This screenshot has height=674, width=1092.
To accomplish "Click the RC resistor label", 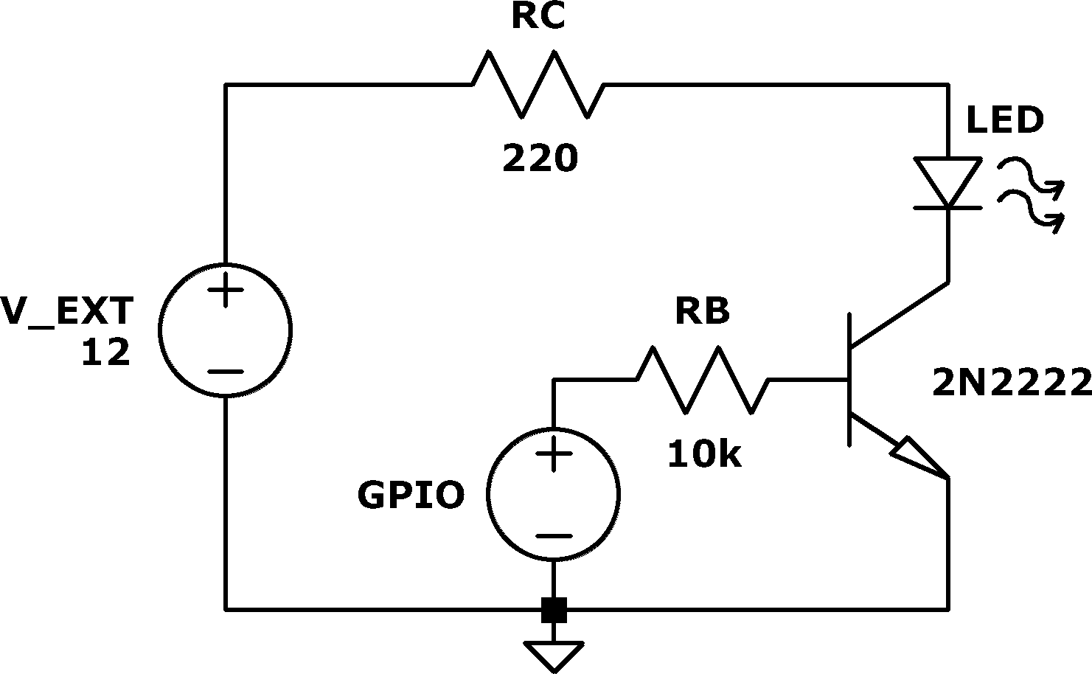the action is coord(538,16).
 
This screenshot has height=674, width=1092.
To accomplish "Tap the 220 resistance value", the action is coord(540,158).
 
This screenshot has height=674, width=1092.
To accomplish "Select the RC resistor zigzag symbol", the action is coord(538,84).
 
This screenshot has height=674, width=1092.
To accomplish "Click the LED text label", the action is coord(1005,120).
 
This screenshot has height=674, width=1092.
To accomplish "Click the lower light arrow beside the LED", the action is coord(1031,212).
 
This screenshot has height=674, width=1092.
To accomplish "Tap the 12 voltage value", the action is coord(105,352).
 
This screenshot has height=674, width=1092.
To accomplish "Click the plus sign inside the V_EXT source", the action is coord(225,290).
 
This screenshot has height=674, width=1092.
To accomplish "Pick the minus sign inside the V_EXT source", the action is coord(225,372).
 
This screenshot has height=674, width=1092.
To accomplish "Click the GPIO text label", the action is coord(411,495).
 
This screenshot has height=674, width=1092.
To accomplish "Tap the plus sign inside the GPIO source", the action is coord(553,454).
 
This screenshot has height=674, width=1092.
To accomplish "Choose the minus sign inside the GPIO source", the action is coord(553,536).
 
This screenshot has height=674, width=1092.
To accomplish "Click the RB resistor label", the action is coord(703,310).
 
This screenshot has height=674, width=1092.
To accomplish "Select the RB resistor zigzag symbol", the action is coord(703,380).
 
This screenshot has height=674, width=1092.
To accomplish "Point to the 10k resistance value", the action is coord(704,454).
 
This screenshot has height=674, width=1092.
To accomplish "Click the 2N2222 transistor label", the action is coord(1012,383).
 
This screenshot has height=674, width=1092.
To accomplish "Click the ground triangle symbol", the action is coord(554,656).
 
